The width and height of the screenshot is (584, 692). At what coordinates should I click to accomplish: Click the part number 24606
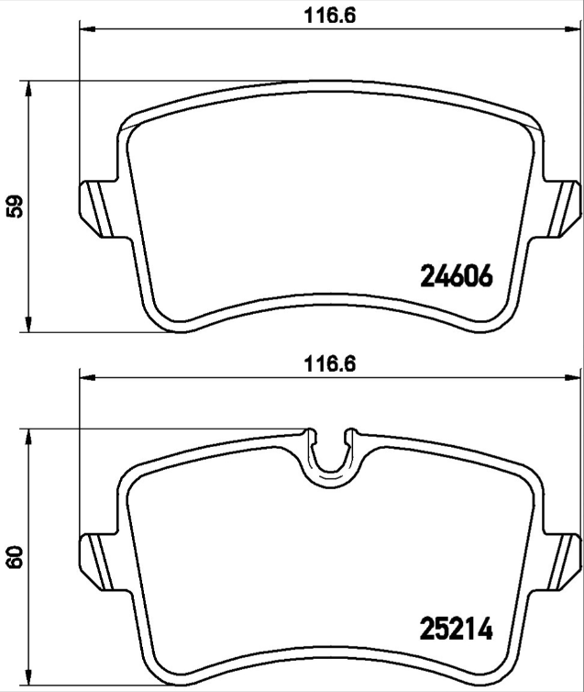[x=457, y=275]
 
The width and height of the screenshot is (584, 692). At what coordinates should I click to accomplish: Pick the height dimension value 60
[x=14, y=557]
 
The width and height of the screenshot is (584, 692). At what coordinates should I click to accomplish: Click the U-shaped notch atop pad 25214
[x=330, y=452]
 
